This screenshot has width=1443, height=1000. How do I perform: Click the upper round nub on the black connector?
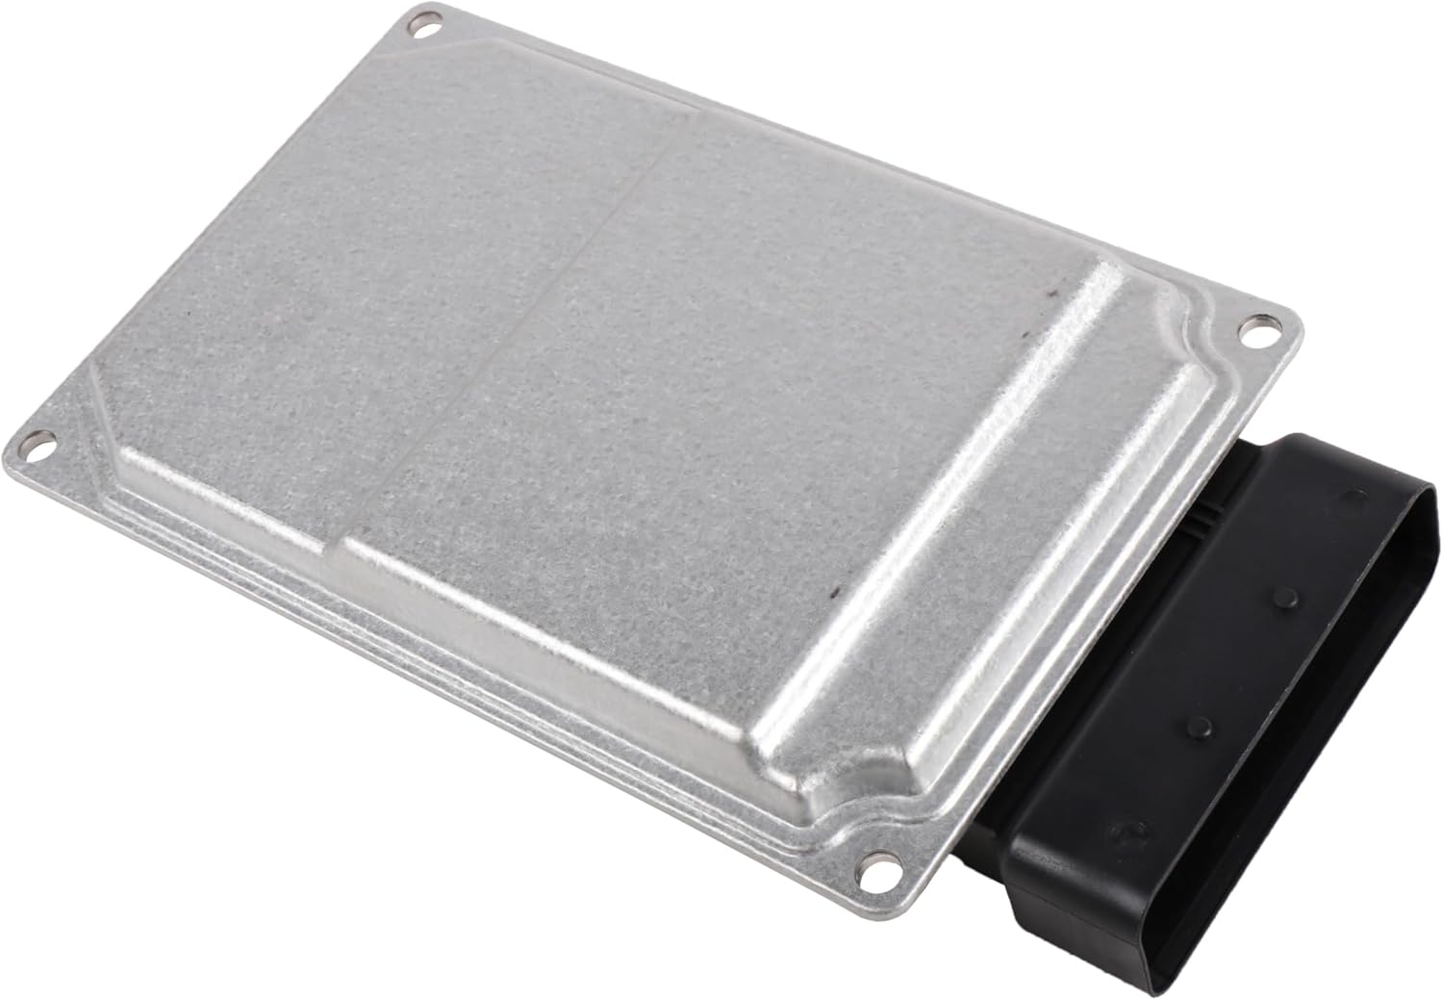(x=1284, y=599)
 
